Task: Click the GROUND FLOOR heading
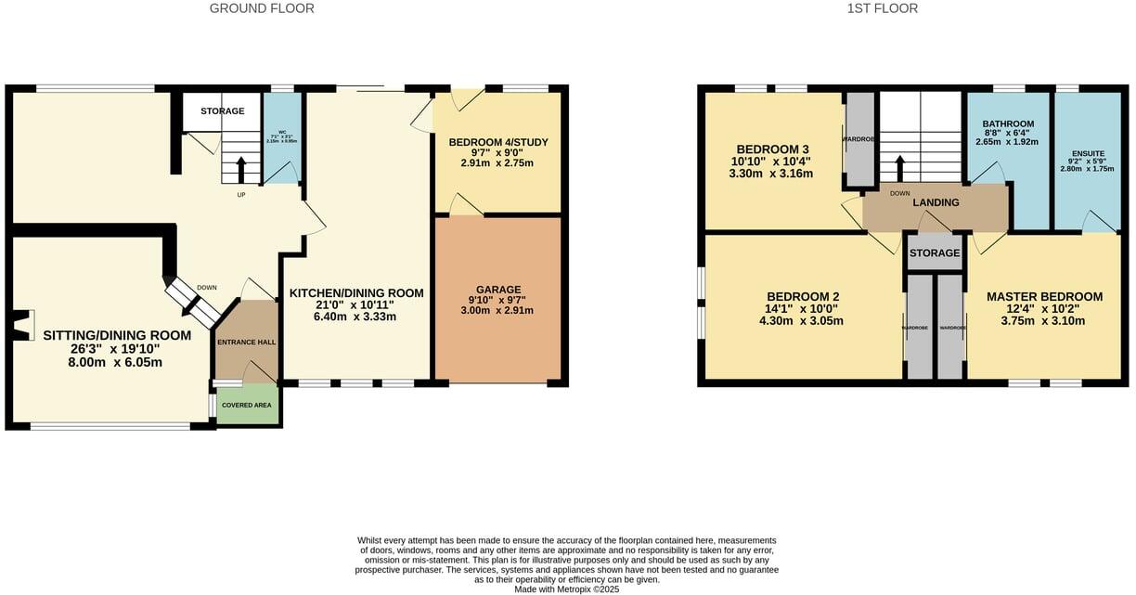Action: (x=262, y=8)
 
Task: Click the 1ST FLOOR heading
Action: (x=882, y=8)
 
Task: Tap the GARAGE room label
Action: (x=498, y=290)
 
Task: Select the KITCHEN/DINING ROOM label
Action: (x=356, y=293)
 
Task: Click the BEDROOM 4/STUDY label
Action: (x=497, y=142)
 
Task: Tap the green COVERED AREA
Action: (x=247, y=406)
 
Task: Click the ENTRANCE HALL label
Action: (x=246, y=343)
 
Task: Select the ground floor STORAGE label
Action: (x=223, y=111)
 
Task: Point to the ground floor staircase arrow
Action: (x=241, y=170)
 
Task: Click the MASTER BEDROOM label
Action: (x=1044, y=297)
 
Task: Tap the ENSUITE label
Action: (x=1087, y=153)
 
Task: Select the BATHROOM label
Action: (x=1008, y=124)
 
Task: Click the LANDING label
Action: (x=936, y=203)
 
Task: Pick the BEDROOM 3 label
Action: (x=772, y=149)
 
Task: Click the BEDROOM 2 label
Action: (x=804, y=297)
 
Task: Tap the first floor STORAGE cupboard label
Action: (x=935, y=252)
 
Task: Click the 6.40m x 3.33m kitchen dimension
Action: (x=356, y=317)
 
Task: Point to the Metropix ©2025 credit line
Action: (x=566, y=589)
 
